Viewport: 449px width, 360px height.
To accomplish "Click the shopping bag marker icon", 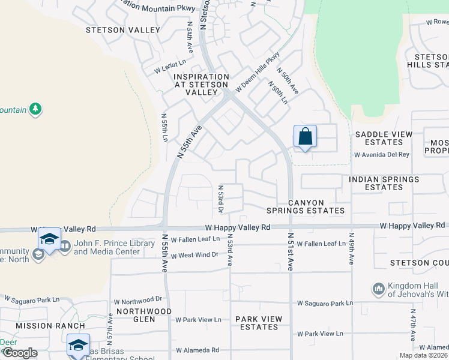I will point(305,136).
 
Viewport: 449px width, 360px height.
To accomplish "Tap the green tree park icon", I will point(36,109).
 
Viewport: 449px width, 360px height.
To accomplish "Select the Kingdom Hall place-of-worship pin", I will point(378,289).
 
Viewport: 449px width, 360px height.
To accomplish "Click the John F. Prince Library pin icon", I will point(64,247).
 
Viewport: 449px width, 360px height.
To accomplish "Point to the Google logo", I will point(20,353).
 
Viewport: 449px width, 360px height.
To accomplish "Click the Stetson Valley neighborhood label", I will point(123,30).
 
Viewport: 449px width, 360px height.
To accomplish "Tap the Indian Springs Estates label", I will point(384,183).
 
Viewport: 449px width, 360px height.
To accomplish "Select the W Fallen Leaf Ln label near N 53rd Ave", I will point(196,239).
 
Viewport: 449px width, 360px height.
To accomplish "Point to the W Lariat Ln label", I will point(170,65).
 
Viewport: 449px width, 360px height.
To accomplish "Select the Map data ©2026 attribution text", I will point(423,355).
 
